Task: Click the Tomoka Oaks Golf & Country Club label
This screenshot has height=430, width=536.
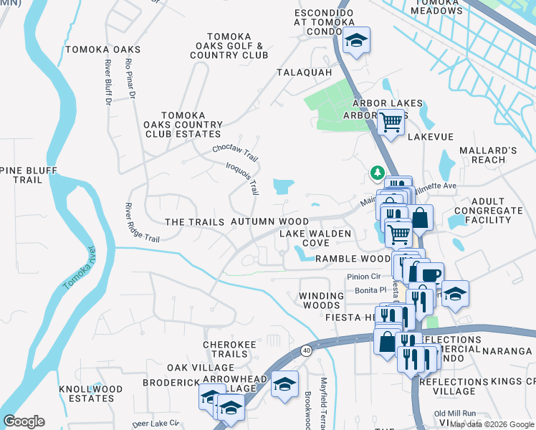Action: click(229, 46)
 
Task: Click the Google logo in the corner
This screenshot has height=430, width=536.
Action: click(24, 421)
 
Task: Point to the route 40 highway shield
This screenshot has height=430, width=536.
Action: click(307, 350)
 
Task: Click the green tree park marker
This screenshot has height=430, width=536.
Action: click(376, 173)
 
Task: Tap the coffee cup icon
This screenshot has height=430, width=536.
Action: click(431, 274)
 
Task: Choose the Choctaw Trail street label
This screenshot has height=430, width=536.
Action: click(235, 153)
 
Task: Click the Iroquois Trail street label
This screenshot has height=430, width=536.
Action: click(242, 178)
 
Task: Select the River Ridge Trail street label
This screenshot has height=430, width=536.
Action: click(141, 221)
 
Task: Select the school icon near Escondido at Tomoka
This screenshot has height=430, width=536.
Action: click(355, 41)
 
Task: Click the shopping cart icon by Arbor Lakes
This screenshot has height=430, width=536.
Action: click(391, 123)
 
